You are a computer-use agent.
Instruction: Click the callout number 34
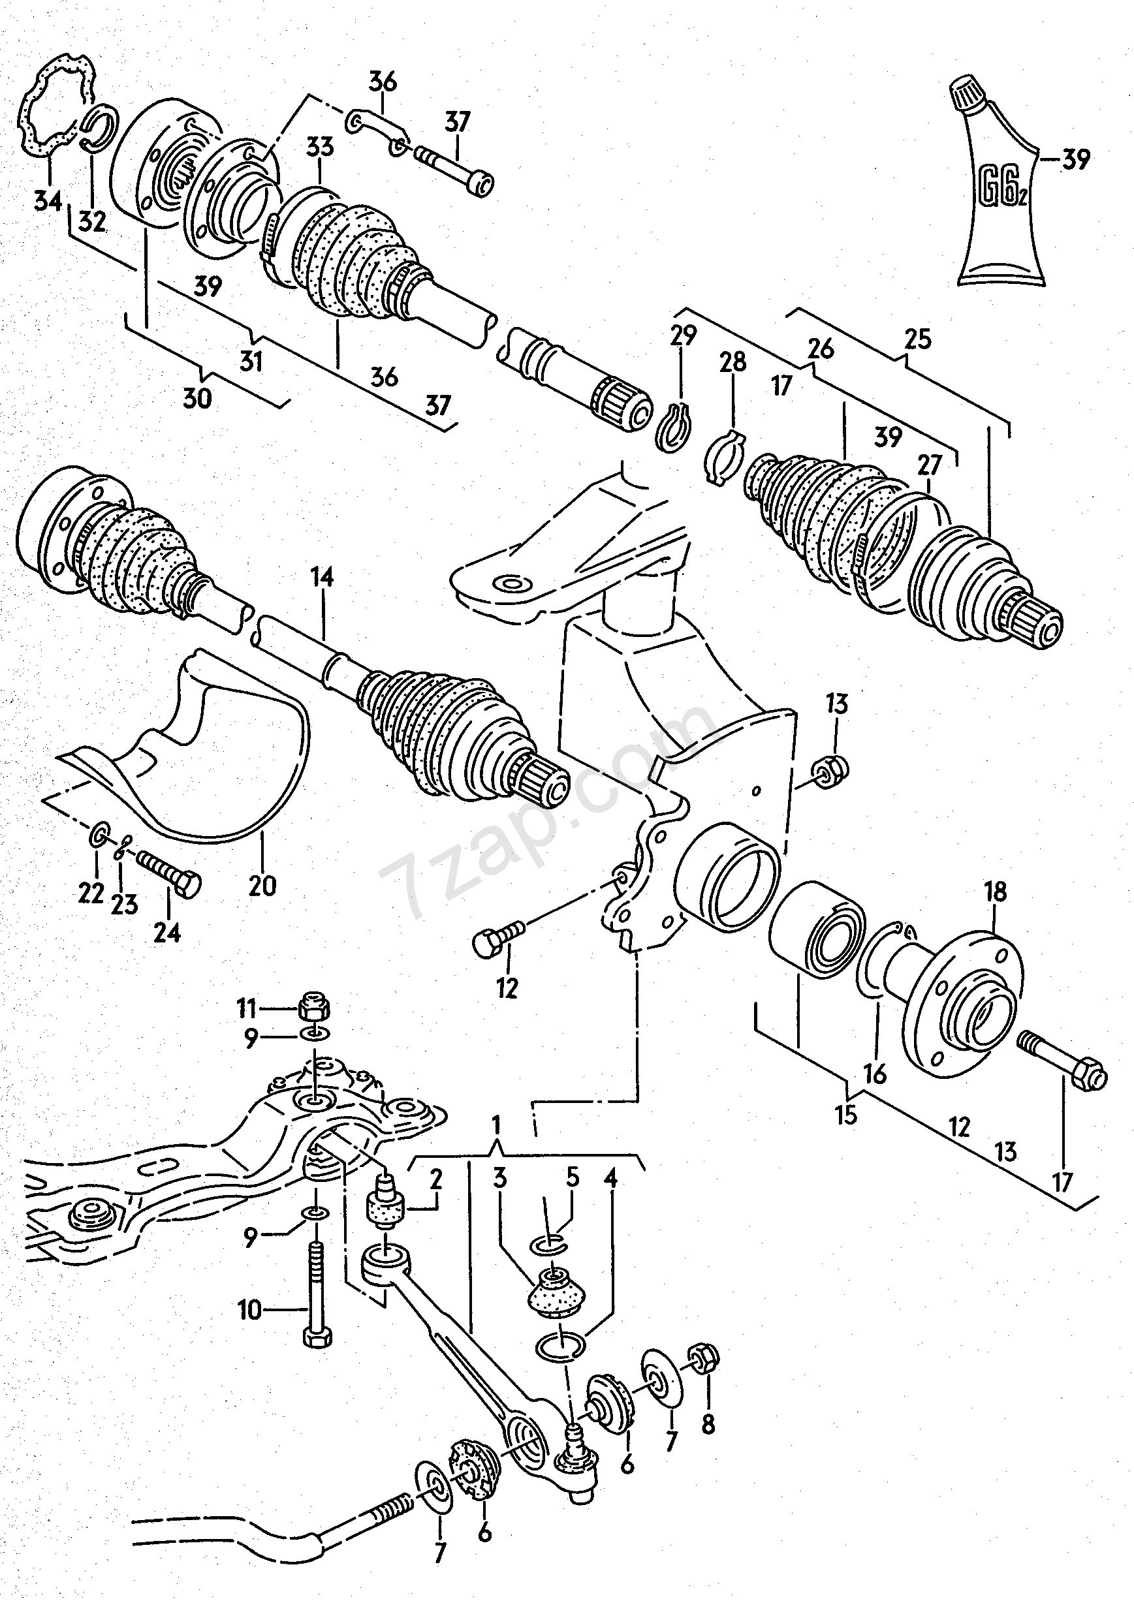click(x=48, y=202)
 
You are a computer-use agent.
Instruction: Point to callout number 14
click(x=323, y=578)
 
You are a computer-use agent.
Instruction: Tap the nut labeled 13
click(x=830, y=771)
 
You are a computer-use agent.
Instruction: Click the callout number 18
click(x=996, y=892)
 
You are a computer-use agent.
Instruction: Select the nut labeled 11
click(x=313, y=1008)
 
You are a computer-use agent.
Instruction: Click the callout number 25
click(x=918, y=339)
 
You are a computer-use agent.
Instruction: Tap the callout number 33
click(x=320, y=148)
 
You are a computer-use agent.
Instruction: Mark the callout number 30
click(x=197, y=399)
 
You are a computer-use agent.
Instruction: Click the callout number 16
click(x=875, y=1074)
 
